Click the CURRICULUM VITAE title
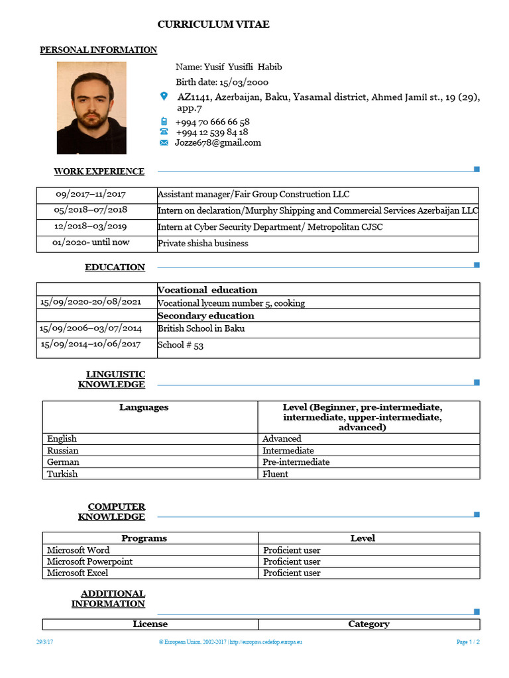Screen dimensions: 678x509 (x=213, y=24)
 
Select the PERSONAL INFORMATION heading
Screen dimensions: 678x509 (x=99, y=50)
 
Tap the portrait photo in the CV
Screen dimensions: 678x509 (x=91, y=108)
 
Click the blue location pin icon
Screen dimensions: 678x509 (x=164, y=97)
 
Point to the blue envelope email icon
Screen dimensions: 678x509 (x=164, y=142)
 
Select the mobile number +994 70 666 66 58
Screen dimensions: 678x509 (x=212, y=122)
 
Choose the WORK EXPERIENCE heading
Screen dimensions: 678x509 (x=99, y=171)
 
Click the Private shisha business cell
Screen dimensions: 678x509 (x=203, y=243)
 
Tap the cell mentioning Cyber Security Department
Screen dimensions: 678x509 (x=270, y=227)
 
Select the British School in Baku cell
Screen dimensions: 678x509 (x=201, y=328)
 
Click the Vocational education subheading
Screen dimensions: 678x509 (x=207, y=289)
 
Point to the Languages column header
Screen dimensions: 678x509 (x=144, y=407)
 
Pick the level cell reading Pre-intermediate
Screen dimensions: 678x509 (x=296, y=462)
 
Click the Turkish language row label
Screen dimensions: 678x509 (x=62, y=474)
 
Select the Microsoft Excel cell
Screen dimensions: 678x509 (x=78, y=573)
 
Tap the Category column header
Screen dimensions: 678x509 (x=368, y=624)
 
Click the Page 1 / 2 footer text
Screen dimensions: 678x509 (x=468, y=642)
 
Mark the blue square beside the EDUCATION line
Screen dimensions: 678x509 (x=477, y=266)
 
